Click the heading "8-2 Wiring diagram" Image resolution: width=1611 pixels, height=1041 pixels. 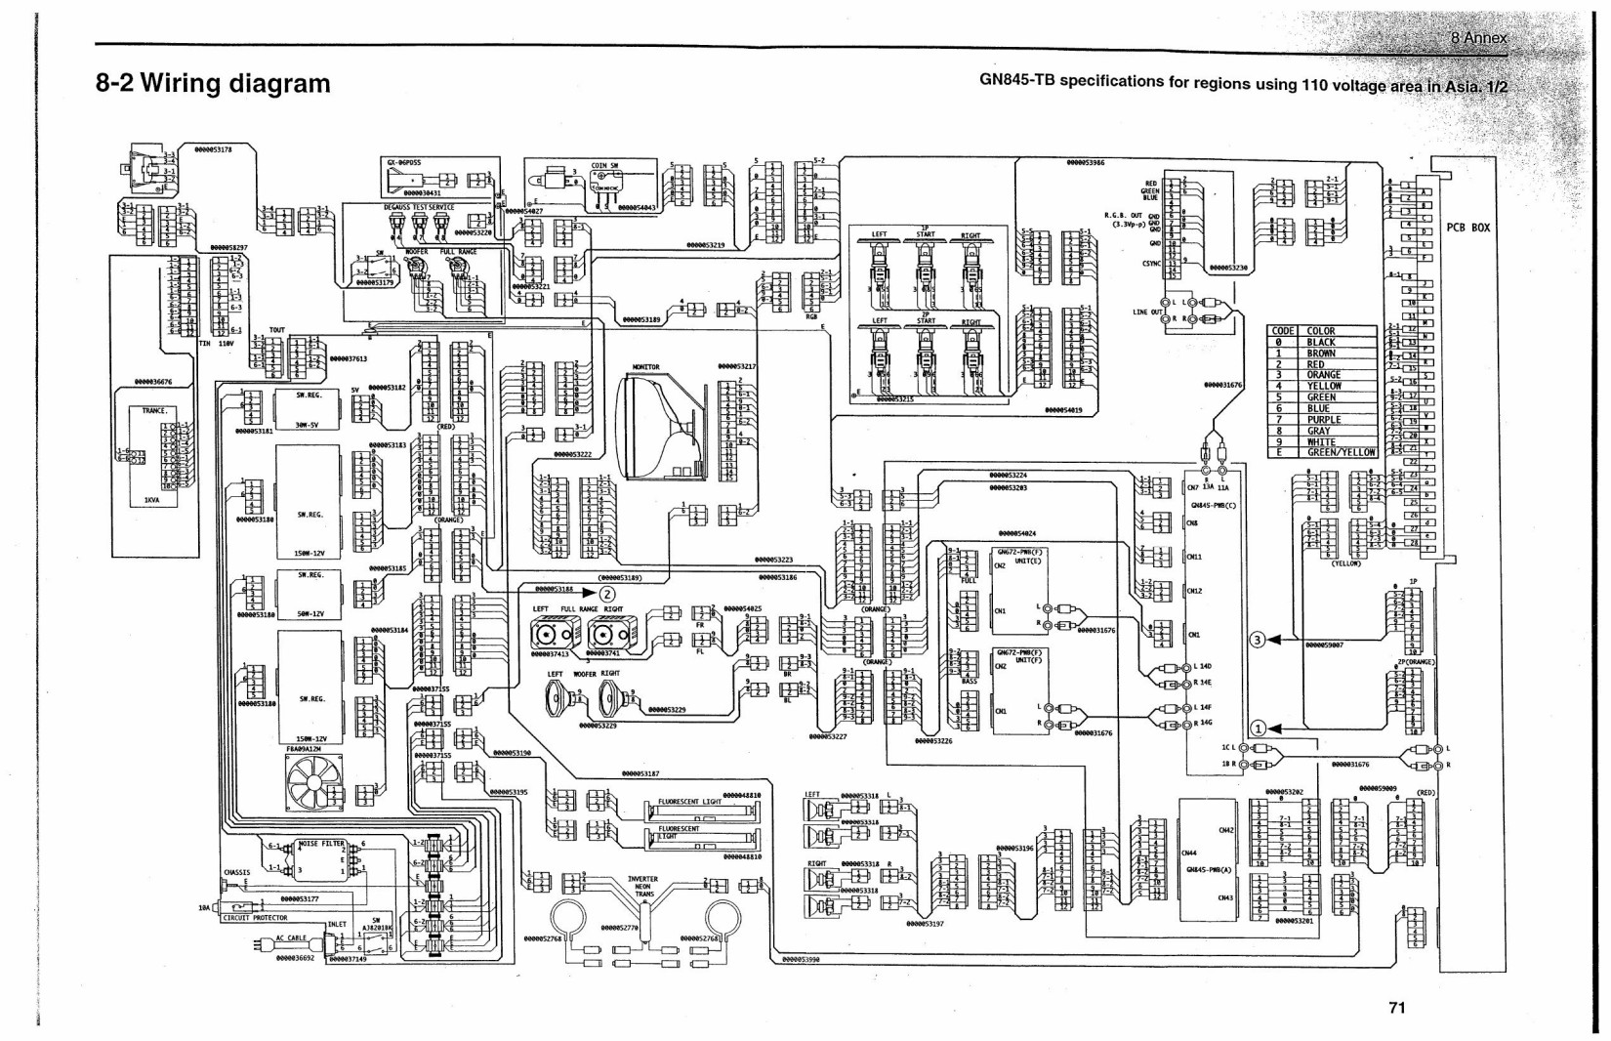coord(213,83)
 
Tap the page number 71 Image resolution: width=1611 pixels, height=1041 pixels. coord(1396,1008)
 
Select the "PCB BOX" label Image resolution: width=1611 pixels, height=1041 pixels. coord(1467,228)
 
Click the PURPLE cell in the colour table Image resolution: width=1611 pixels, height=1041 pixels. coord(1324,420)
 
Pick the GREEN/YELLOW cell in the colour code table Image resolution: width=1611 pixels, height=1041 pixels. coord(1341,453)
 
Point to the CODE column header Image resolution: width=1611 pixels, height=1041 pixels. coord(1283,332)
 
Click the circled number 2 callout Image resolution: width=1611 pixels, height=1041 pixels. coord(607,592)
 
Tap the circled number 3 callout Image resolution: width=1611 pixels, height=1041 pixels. coord(1259,641)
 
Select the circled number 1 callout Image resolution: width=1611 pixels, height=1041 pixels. coord(1259,728)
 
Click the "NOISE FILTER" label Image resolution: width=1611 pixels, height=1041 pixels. coord(321,843)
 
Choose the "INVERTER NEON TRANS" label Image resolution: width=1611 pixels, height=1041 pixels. coord(644,887)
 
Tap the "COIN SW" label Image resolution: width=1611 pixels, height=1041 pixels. coord(604,166)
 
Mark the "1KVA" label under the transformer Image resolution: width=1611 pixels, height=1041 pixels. coord(151,499)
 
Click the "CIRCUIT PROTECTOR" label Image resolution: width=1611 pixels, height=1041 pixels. coord(255,918)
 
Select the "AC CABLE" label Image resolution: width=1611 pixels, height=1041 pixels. coord(291,937)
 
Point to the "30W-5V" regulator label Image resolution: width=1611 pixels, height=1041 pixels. coord(309,426)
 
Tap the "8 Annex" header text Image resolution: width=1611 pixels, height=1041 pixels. coord(1478,38)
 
